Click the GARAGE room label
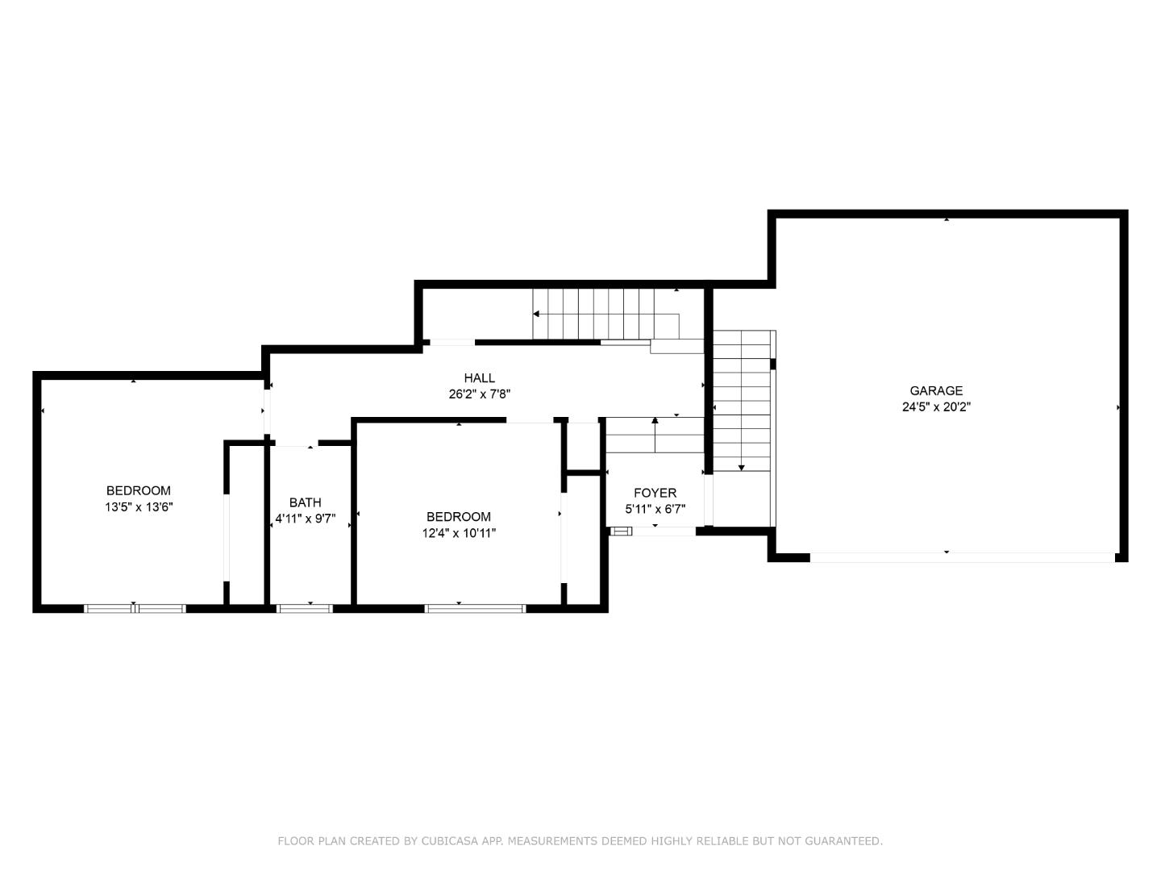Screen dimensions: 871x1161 936,391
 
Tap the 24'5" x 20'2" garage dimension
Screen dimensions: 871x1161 936,407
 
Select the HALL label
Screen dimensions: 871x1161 479,378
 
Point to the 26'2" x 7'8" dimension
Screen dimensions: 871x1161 480,394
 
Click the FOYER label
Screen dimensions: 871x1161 655,493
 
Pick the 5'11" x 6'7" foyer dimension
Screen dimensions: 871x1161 655,509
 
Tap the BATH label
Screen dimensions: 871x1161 305,502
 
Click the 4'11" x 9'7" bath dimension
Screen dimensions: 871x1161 305,519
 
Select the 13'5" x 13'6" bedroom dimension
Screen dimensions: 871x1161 139,507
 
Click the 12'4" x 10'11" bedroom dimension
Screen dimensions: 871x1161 459,533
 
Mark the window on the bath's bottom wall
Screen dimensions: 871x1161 305,608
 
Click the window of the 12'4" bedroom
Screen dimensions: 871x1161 475,608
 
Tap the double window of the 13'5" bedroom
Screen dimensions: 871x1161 135,608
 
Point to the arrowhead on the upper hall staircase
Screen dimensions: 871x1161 536,314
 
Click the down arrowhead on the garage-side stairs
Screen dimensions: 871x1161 742,468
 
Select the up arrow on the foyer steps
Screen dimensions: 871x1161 655,420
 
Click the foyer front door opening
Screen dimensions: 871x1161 664,531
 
